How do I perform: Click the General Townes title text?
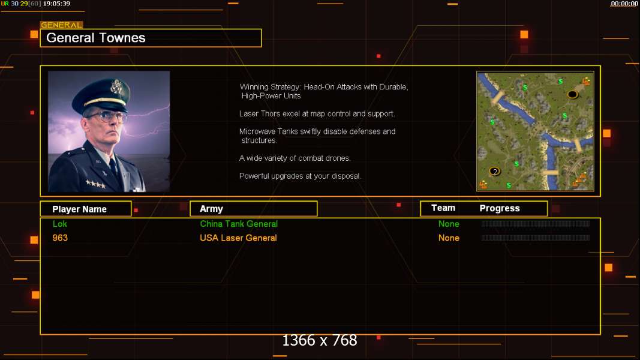click(x=96, y=38)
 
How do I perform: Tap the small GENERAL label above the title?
click(x=61, y=25)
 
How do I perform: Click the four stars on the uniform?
click(x=95, y=184)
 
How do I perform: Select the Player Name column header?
click(x=79, y=209)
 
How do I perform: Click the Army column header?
click(x=211, y=209)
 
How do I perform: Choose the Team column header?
click(x=443, y=208)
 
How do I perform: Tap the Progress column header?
click(x=500, y=208)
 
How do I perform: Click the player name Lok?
click(x=60, y=224)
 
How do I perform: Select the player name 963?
click(x=60, y=238)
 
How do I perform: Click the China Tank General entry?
click(x=239, y=224)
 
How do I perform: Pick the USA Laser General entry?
click(x=238, y=238)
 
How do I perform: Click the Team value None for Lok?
click(x=449, y=224)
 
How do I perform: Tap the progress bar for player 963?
click(x=535, y=238)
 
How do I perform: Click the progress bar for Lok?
click(x=535, y=224)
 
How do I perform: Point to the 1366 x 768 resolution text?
click(x=320, y=341)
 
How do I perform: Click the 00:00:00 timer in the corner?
click(x=624, y=4)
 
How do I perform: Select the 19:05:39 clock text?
click(x=56, y=4)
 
